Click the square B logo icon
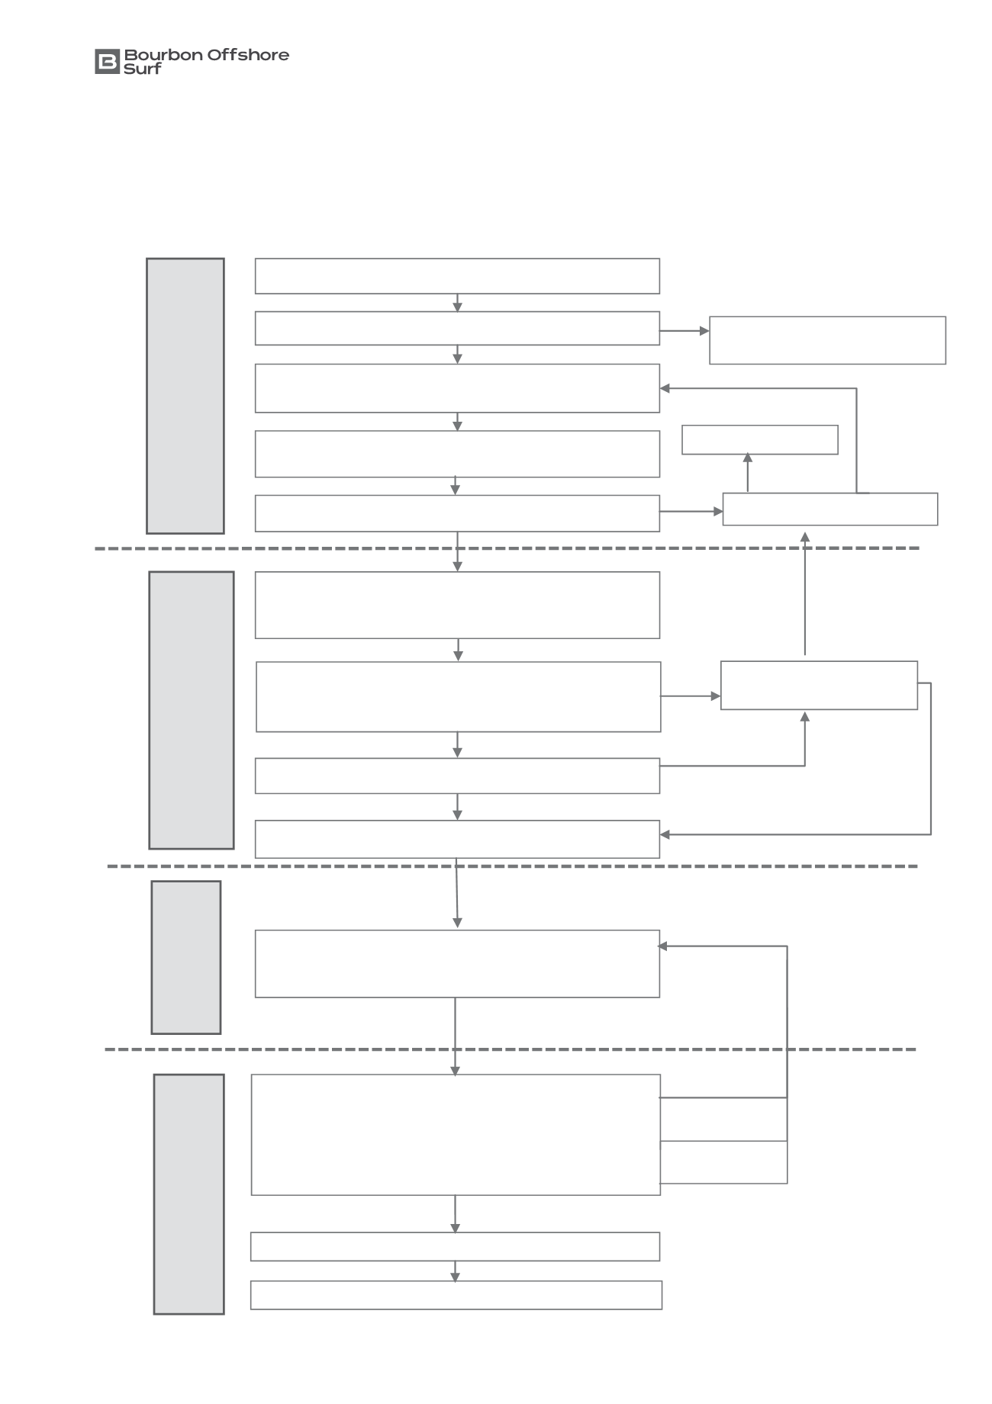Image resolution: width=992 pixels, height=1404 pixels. click(x=108, y=62)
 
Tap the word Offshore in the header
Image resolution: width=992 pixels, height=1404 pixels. click(x=248, y=55)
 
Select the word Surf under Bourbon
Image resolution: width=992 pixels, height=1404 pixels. click(x=143, y=69)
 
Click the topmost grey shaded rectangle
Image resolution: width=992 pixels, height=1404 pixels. click(x=185, y=396)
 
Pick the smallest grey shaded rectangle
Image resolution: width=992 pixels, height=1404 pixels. click(x=186, y=958)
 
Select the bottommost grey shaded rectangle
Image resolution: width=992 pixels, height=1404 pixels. click(x=189, y=1194)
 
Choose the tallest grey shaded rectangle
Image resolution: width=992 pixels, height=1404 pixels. click(x=192, y=710)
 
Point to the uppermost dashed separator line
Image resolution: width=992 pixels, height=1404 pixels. click(x=507, y=548)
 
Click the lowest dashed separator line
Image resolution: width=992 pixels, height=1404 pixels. click(x=510, y=1049)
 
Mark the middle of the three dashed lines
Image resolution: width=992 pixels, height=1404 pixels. click(x=512, y=866)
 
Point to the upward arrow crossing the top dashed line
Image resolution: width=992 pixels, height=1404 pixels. click(x=804, y=593)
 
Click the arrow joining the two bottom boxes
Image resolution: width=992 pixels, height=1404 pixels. click(x=456, y=1271)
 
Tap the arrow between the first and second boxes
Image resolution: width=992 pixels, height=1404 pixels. click(x=458, y=303)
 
